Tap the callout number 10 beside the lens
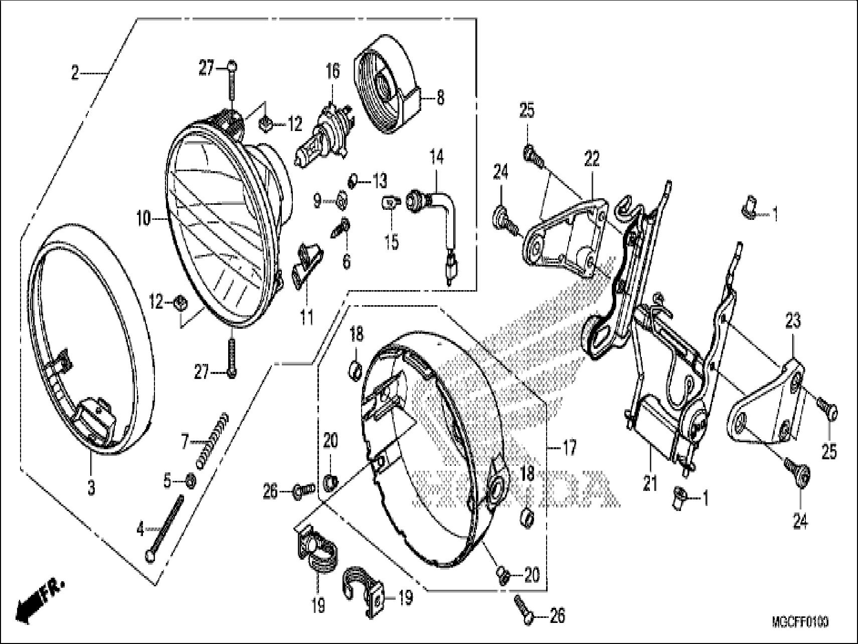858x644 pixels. (143, 219)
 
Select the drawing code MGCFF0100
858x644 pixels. (800, 622)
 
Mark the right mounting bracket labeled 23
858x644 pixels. (767, 402)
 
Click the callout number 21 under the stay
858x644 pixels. (650, 484)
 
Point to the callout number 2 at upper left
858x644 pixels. (75, 74)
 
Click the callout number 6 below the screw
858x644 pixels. (347, 261)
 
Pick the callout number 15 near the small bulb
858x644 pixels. (392, 242)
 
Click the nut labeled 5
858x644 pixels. (191, 481)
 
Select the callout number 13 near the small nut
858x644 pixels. (380, 180)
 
